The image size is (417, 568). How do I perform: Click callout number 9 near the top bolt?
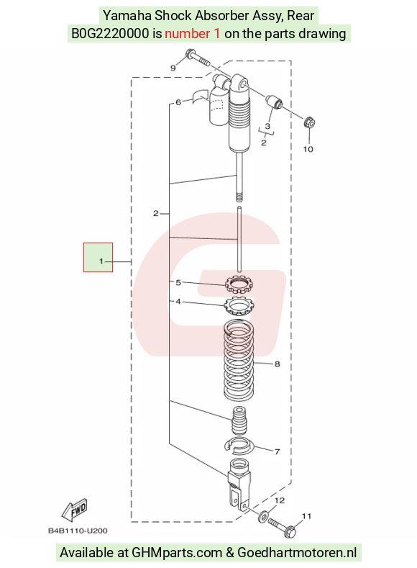(x=173, y=68)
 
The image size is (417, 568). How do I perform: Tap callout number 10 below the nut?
(x=308, y=149)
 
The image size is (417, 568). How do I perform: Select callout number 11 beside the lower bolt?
(x=307, y=516)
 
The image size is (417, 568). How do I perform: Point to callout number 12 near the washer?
(x=280, y=500)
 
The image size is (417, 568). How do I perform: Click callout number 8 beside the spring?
(x=278, y=364)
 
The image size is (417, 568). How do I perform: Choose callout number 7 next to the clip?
(x=278, y=451)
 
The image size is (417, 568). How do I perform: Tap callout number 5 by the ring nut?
(x=178, y=282)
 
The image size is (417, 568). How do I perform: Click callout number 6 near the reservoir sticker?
(x=178, y=102)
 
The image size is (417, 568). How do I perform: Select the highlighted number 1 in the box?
(x=101, y=261)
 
